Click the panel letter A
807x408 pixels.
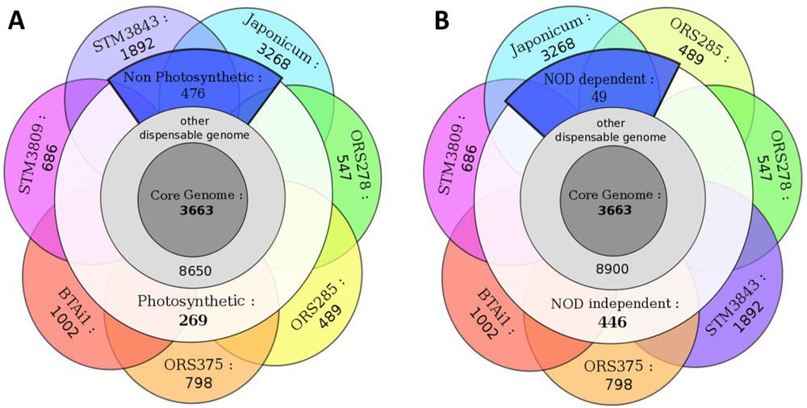[x=16, y=20]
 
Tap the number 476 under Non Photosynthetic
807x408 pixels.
[x=194, y=94]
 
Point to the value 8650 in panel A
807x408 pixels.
[x=194, y=271]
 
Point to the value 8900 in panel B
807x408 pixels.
[x=613, y=271]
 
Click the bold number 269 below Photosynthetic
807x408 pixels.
[x=194, y=319]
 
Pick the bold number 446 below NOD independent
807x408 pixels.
[x=613, y=322]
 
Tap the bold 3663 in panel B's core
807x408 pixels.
[x=613, y=211]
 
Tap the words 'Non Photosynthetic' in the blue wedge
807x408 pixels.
[x=197, y=78]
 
